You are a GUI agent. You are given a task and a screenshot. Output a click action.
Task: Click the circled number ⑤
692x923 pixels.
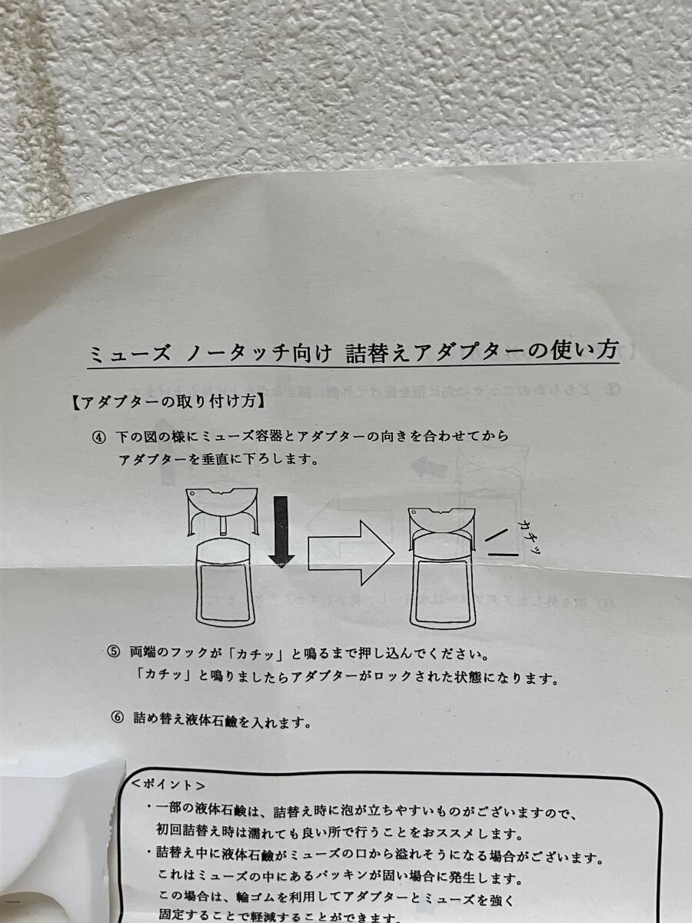[x=115, y=653]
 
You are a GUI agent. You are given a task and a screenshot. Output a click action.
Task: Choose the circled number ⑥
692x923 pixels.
[x=117, y=721]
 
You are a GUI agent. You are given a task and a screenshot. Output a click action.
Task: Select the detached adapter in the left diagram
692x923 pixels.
[x=223, y=511]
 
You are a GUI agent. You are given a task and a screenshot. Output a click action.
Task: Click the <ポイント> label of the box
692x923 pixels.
[x=168, y=786]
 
